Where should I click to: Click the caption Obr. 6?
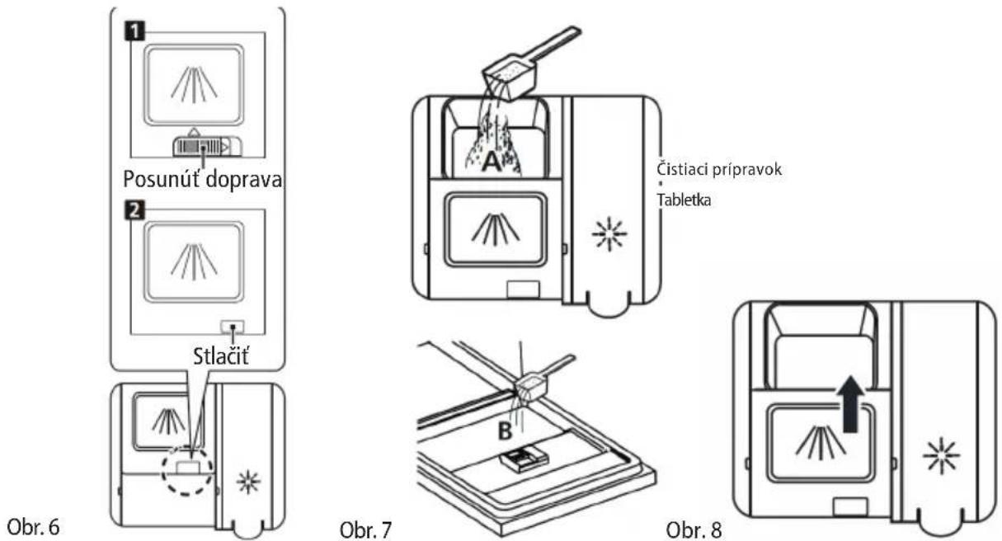pyautogui.click(x=34, y=527)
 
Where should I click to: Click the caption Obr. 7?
pyautogui.click(x=366, y=530)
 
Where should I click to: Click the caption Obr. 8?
pyautogui.click(x=694, y=530)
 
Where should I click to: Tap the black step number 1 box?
pyautogui.click(x=135, y=31)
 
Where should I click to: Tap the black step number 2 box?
pyautogui.click(x=135, y=209)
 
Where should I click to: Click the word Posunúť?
pyautogui.click(x=162, y=179)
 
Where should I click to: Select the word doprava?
pyautogui.click(x=244, y=180)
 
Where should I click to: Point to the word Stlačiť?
pyautogui.click(x=220, y=356)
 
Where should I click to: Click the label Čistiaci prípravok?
pyautogui.click(x=719, y=170)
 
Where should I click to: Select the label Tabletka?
pyautogui.click(x=684, y=200)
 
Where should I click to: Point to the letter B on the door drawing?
pyautogui.click(x=505, y=431)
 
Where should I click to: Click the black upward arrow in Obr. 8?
pyautogui.click(x=850, y=403)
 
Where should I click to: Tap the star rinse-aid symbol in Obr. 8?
pyautogui.click(x=941, y=455)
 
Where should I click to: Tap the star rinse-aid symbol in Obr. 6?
pyautogui.click(x=248, y=482)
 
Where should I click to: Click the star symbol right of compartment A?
pyautogui.click(x=609, y=234)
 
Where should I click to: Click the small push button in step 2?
pyautogui.click(x=233, y=327)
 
